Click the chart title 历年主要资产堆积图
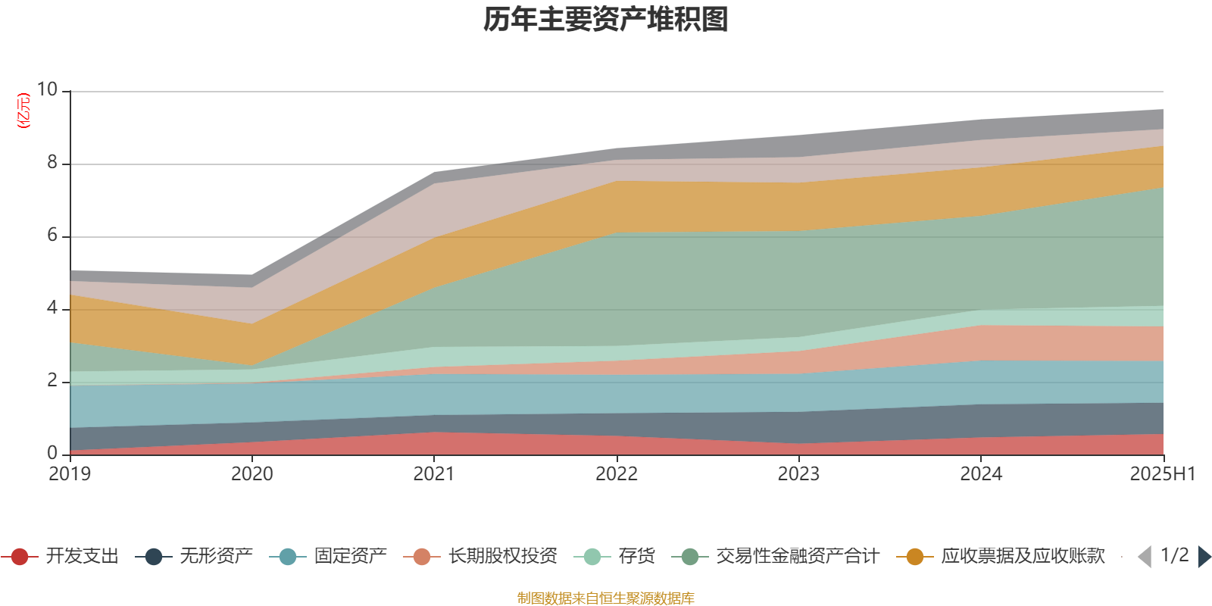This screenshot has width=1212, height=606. tap(606, 20)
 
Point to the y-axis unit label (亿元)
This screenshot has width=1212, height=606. tap(23, 111)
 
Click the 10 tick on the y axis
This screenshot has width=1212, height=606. tap(47, 90)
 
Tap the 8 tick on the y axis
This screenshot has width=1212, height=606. tap(52, 163)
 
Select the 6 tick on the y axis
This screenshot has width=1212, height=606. tap(52, 236)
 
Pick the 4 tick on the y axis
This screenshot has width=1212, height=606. tap(52, 308)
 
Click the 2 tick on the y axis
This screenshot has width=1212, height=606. tap(52, 381)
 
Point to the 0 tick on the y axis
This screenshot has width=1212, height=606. tap(52, 453)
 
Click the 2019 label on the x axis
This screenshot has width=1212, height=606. tap(70, 474)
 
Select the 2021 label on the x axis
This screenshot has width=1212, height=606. tap(434, 474)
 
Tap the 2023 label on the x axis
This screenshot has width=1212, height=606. tap(798, 474)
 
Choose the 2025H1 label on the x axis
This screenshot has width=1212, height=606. tap(1161, 474)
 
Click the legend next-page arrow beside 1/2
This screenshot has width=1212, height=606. tap(1204, 557)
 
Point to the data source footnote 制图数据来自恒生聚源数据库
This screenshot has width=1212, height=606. tap(606, 598)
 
